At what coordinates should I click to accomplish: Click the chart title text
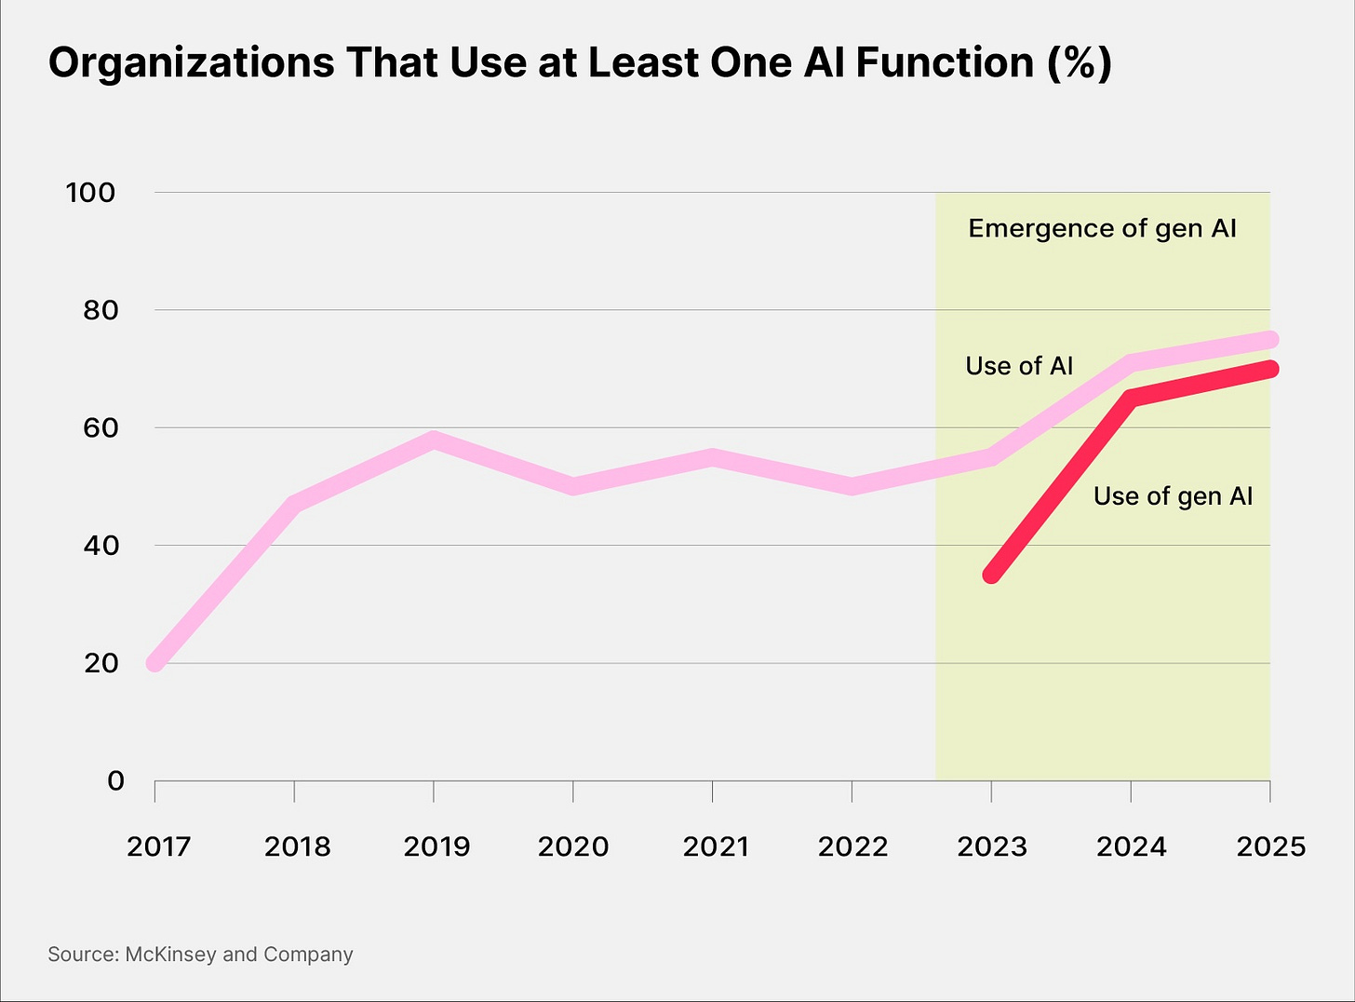tap(580, 63)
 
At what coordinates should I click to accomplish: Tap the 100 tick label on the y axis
tap(90, 193)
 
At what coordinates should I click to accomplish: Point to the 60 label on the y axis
tap(101, 427)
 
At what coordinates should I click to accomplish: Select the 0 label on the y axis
tap(115, 780)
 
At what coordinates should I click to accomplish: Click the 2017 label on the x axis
tap(159, 846)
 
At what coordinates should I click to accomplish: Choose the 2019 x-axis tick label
tap(437, 846)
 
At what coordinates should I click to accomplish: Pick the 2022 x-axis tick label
tap(852, 846)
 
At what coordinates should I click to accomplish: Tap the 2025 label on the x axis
tap(1270, 846)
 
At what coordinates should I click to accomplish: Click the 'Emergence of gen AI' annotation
tap(1102, 229)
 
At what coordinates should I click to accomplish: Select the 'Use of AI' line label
tap(1019, 366)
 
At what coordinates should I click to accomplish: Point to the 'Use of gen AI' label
tap(1173, 496)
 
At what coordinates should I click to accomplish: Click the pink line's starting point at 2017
tap(155, 663)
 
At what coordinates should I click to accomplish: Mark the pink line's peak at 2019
tap(434, 440)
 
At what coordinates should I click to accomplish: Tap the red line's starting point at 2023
tap(992, 575)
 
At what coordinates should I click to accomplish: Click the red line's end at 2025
tap(1270, 370)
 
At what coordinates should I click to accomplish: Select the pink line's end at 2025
tap(1270, 340)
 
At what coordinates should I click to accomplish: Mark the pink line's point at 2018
tap(295, 505)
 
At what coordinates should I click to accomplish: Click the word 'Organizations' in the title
tap(191, 63)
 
